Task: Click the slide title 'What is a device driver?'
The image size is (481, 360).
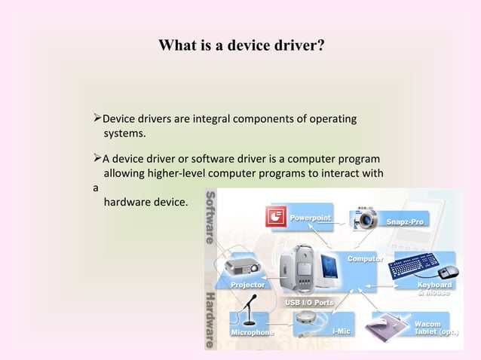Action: click(x=241, y=46)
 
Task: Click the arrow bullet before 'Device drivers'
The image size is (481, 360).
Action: click(x=95, y=119)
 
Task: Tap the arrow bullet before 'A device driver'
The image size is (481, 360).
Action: click(x=95, y=159)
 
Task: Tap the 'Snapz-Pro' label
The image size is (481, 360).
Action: click(x=406, y=222)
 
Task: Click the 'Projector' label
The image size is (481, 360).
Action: click(x=247, y=285)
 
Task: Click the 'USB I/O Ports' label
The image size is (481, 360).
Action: click(x=308, y=302)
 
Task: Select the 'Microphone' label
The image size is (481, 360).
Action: click(x=252, y=331)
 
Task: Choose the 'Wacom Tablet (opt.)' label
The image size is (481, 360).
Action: click(x=437, y=328)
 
